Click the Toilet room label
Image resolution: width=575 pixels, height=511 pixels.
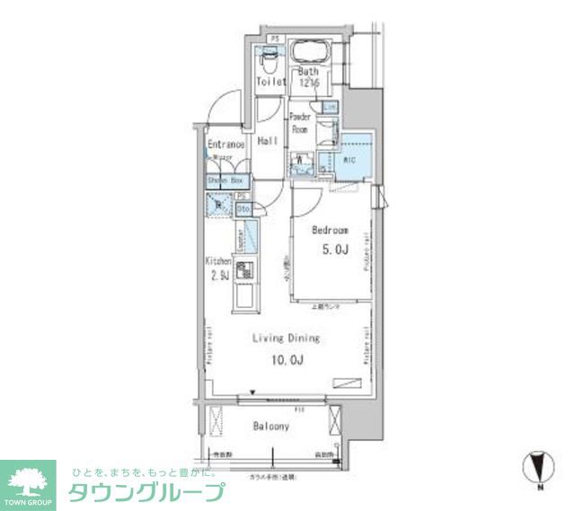tap(270, 82)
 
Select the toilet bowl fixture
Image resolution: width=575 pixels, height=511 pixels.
tap(268, 60)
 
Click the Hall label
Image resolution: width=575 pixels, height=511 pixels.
tap(267, 142)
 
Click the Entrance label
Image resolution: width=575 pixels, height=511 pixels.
tap(226, 145)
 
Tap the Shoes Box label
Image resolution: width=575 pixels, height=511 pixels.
tap(226, 181)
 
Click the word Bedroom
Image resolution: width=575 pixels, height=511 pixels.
tap(330, 230)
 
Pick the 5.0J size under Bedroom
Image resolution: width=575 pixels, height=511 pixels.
tap(330, 250)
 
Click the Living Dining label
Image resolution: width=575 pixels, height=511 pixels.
tap(286, 339)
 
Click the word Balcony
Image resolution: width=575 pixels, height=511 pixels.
tap(270, 427)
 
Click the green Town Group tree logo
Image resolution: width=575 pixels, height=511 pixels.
tap(28, 481)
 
